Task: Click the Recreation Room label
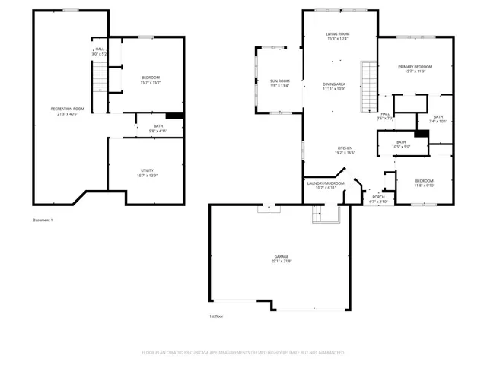point(67,109)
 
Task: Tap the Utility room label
point(148,170)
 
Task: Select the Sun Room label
point(280,81)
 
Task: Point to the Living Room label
point(337,34)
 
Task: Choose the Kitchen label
point(345,148)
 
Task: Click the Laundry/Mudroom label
point(326,183)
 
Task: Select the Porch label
point(378,197)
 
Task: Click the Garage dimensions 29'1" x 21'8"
point(282,262)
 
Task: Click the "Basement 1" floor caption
point(43,220)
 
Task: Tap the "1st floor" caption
point(216,316)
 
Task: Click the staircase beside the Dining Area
point(369,86)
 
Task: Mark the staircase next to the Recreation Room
point(97,76)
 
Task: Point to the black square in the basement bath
point(175,116)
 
